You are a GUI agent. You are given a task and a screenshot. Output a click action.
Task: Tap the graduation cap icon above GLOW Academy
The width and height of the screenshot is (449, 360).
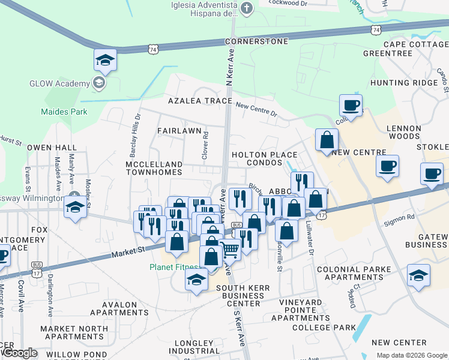(105, 59)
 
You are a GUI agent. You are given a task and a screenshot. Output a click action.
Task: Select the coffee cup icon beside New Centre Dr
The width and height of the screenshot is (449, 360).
(351, 105)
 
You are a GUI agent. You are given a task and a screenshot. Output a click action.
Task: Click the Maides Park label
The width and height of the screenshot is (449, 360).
(64, 112)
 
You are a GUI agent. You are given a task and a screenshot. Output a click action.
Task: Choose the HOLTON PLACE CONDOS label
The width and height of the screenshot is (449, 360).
(265, 159)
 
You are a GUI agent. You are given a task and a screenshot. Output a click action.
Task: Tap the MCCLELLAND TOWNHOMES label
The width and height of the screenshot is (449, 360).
(154, 168)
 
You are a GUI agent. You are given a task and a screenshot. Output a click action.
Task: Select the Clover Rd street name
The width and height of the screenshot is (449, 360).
(205, 145)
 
